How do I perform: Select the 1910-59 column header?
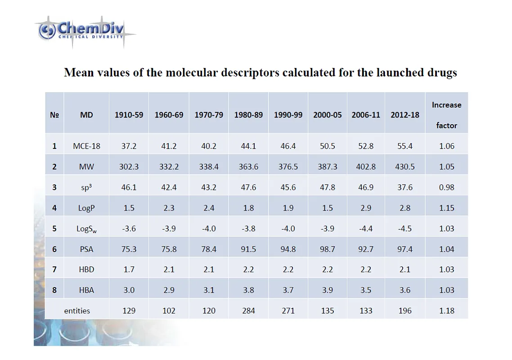click(x=129, y=115)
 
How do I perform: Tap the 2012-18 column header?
click(x=404, y=115)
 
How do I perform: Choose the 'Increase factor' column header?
click(x=446, y=115)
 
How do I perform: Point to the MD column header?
click(x=86, y=115)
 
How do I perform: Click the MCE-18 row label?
click(x=86, y=146)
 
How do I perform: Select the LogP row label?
click(x=86, y=208)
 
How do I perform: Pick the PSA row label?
click(x=86, y=249)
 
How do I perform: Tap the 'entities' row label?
click(x=77, y=310)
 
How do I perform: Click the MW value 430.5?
click(x=404, y=166)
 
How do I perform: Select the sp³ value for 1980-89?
click(x=248, y=187)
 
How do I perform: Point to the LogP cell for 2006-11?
click(x=366, y=208)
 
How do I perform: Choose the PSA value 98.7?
click(x=328, y=249)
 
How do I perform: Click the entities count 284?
click(x=248, y=310)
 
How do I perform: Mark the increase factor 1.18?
click(x=446, y=310)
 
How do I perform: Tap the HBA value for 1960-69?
click(x=169, y=290)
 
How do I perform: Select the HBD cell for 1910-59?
click(x=129, y=270)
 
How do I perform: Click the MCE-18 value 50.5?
click(x=328, y=146)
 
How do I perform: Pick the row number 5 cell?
click(x=54, y=228)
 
